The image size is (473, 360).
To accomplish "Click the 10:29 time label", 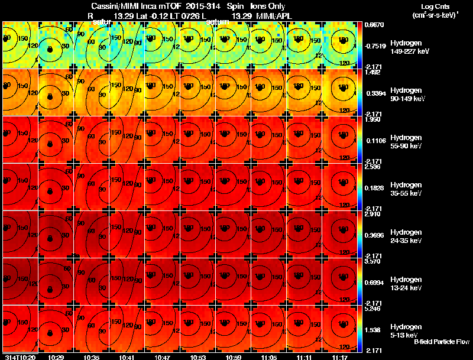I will pyautogui.click(x=56, y=357).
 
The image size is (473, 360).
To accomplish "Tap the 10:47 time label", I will pyautogui.click(x=161, y=357).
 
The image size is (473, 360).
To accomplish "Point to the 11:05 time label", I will pyautogui.click(x=268, y=357).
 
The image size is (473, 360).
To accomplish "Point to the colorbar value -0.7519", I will pyautogui.click(x=375, y=45).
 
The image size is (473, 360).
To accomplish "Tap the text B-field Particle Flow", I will pyautogui.click(x=441, y=342).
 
